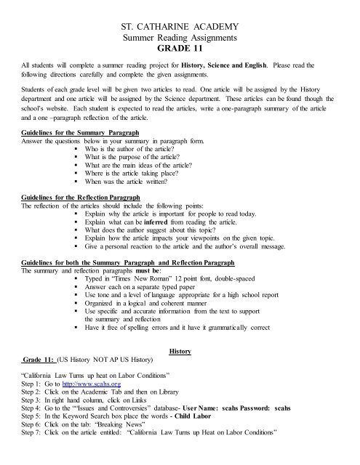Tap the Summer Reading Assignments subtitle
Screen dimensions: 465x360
point(180,39)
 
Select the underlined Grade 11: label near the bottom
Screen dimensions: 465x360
point(36,359)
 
